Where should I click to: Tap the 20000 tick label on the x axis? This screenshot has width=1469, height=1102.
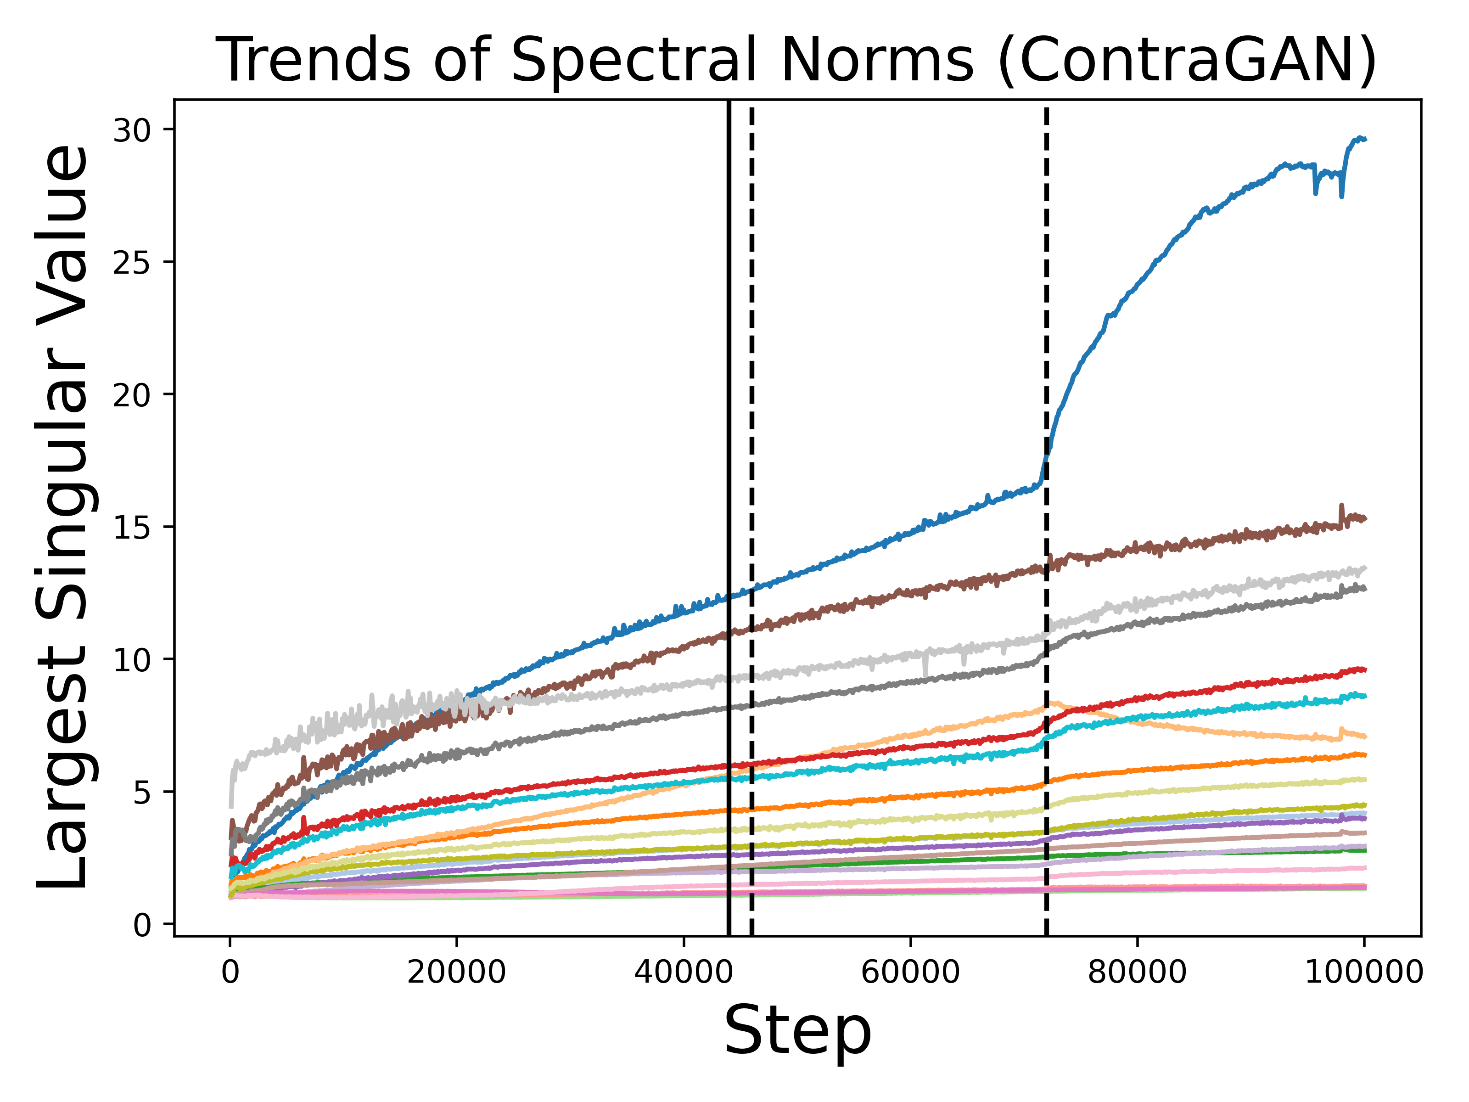[x=456, y=973]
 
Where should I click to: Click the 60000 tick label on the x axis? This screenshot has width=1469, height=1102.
[x=910, y=973]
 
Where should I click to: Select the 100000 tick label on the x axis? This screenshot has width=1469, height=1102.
[x=1363, y=973]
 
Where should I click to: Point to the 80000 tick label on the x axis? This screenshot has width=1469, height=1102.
[x=1137, y=973]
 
